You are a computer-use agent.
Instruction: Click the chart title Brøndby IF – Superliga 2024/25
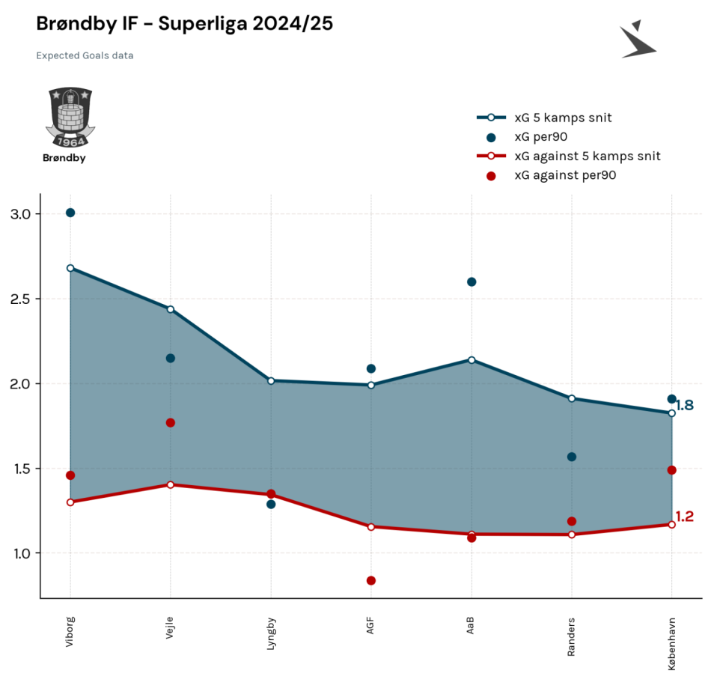click(185, 24)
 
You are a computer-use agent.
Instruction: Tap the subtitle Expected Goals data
click(85, 55)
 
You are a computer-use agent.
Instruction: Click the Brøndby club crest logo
click(70, 117)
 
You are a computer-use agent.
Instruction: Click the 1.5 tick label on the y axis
click(20, 469)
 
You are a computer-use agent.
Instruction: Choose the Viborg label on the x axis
click(70, 631)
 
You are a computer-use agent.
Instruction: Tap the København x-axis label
click(671, 644)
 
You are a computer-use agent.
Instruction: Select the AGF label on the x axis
click(370, 625)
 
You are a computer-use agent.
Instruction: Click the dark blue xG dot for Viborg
click(70, 213)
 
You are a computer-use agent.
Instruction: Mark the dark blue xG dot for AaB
click(472, 282)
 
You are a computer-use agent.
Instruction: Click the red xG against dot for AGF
click(371, 581)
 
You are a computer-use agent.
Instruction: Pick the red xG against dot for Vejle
click(171, 423)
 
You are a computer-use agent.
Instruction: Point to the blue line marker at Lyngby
click(271, 381)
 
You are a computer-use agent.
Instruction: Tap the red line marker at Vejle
click(171, 485)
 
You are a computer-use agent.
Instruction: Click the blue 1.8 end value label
click(685, 405)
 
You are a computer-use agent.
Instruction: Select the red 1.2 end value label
click(685, 517)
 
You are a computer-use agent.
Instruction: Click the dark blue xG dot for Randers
click(572, 457)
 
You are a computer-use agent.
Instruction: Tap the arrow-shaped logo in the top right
click(638, 40)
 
